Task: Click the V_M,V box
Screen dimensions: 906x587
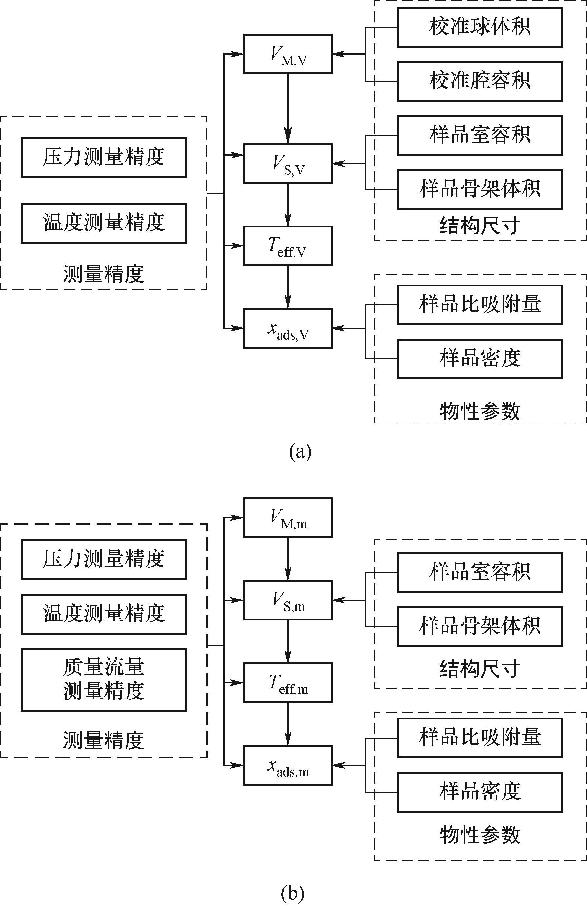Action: pos(288,54)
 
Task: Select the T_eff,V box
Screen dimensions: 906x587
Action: pos(288,246)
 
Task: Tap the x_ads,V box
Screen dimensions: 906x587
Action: pos(288,328)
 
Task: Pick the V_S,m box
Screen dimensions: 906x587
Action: pos(288,600)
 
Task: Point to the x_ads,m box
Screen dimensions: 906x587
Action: pos(288,765)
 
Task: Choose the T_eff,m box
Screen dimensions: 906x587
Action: pos(288,683)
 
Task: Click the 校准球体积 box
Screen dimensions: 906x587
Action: pos(480,27)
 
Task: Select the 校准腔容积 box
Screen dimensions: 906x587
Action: pos(480,81)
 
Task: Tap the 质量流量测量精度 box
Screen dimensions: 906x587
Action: pos(104,679)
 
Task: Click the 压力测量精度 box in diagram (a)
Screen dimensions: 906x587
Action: pos(104,157)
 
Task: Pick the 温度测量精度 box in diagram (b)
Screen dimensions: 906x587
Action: pos(104,614)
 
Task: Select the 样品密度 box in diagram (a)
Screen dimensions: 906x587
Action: pos(480,359)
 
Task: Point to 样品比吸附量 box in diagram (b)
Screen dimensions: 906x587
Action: pos(480,738)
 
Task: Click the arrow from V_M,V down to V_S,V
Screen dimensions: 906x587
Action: pos(288,108)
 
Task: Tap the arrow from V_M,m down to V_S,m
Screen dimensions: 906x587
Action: pos(288,559)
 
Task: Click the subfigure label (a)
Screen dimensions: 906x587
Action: pos(300,452)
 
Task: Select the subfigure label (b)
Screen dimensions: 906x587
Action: pos(293,892)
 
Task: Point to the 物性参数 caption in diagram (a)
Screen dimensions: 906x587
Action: pos(480,411)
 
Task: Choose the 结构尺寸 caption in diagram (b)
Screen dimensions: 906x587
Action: pos(480,669)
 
